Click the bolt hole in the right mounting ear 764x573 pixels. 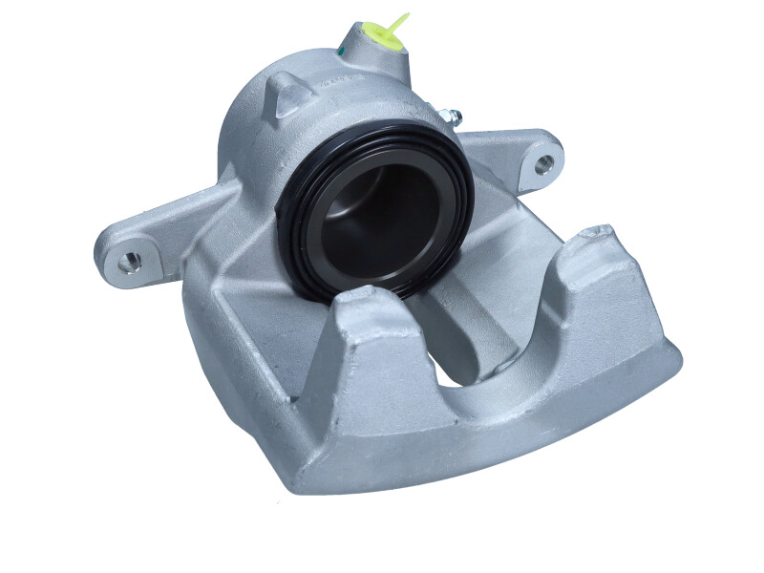click(x=543, y=163)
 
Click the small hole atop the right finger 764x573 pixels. click(x=600, y=232)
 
